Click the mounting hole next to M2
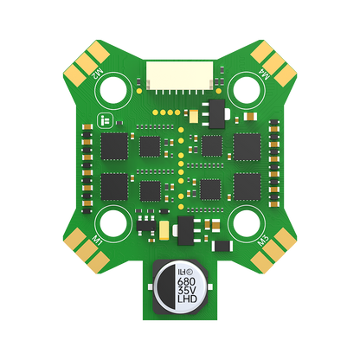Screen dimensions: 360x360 click(116, 87)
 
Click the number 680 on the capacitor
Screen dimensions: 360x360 click(184, 280)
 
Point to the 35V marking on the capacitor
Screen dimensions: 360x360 click(185, 292)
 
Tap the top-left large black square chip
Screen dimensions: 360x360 click(114, 145)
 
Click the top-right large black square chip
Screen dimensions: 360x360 click(247, 145)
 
